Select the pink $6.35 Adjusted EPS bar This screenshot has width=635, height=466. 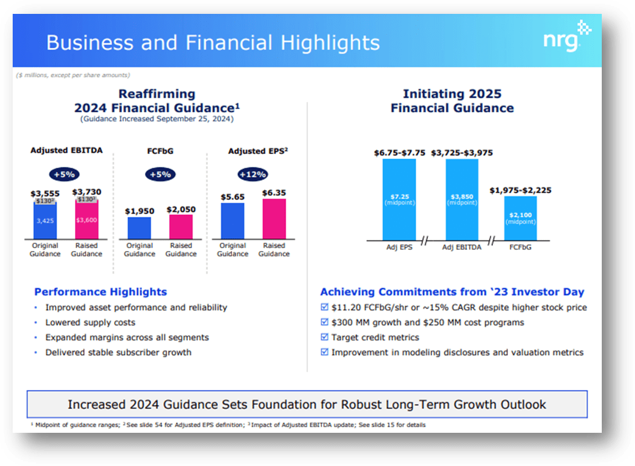coord(274,219)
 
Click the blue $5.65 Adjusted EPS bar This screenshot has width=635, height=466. coord(233,221)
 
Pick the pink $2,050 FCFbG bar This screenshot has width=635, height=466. coord(181,227)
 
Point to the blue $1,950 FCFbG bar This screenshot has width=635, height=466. coord(140,228)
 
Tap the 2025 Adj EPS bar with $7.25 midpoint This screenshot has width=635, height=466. coord(398,200)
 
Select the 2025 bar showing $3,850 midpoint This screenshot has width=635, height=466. coord(462,200)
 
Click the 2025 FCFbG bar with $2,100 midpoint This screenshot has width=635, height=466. coord(521,218)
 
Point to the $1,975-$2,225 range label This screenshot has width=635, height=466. coord(521,190)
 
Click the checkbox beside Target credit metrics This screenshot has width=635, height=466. coord(324,337)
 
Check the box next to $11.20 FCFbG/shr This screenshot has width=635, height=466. coord(324,308)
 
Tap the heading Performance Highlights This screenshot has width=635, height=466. coord(100,292)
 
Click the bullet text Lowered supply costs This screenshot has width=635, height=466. coord(90,322)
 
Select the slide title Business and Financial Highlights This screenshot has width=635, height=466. coord(213,43)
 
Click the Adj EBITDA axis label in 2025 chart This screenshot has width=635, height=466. coord(462,247)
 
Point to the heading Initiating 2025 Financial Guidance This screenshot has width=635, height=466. coord(452,101)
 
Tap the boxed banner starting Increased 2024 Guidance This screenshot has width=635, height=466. coord(307,404)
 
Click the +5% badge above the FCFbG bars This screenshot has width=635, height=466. coord(160,174)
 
